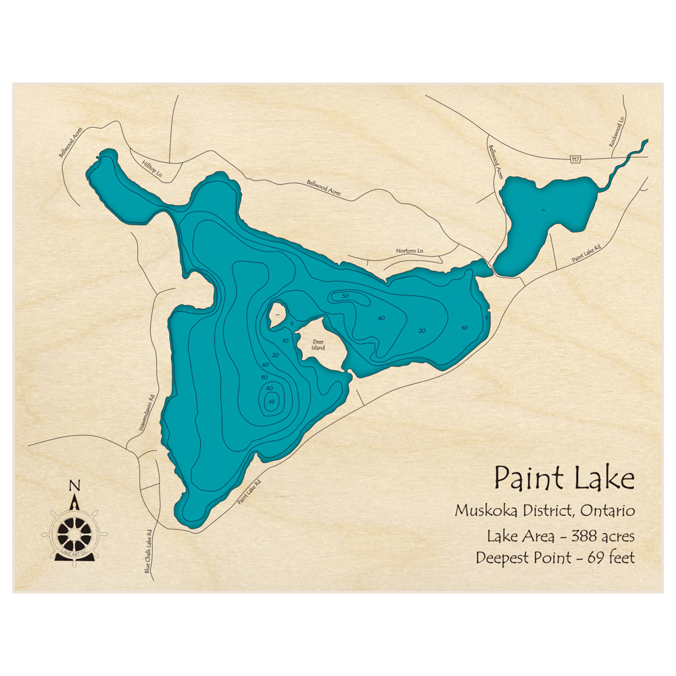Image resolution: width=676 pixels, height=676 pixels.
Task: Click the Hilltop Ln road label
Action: tap(152, 170)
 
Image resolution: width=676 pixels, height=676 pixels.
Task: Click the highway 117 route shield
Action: tap(575, 160)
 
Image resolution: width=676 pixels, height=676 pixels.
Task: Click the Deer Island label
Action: tap(318, 345)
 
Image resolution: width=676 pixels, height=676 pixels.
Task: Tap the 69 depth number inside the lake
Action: tap(272, 403)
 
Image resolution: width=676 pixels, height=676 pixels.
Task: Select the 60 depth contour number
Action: tap(269, 388)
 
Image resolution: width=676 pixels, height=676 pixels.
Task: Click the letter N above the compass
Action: tap(74, 485)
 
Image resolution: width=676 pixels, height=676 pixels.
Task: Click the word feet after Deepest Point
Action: tap(620, 558)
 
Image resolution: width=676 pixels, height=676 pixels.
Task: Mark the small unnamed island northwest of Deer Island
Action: tap(276, 313)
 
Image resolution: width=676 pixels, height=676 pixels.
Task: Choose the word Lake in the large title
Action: tap(602, 478)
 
